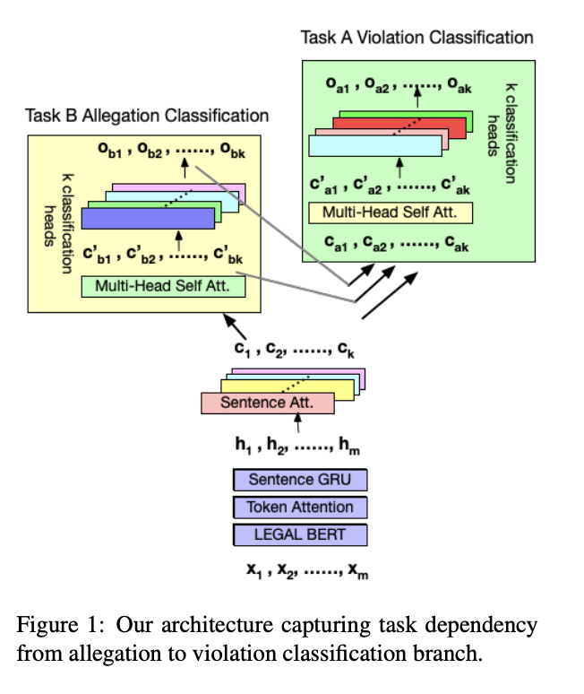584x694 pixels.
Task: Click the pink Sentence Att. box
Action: point(267,403)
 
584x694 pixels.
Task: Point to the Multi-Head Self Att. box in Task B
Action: point(162,287)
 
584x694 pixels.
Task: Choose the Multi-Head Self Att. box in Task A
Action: point(390,213)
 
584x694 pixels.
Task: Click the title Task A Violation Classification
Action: point(417,38)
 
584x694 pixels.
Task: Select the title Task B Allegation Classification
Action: point(147,116)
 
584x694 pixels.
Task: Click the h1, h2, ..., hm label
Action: point(296,442)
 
